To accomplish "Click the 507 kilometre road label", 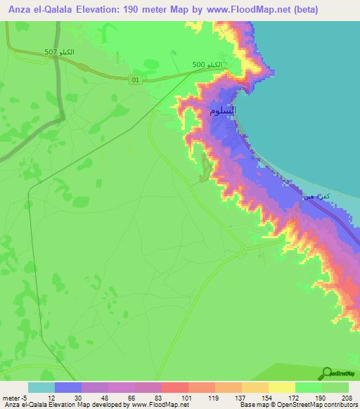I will coord(59,52).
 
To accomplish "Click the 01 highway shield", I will coord(136,80).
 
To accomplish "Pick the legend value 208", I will coord(347,397).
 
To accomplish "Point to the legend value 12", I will coord(51,397).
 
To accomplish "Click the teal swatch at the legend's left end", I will coord(41,387).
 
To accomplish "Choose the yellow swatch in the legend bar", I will coord(281,387).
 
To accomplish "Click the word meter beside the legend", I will coord(10,397).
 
